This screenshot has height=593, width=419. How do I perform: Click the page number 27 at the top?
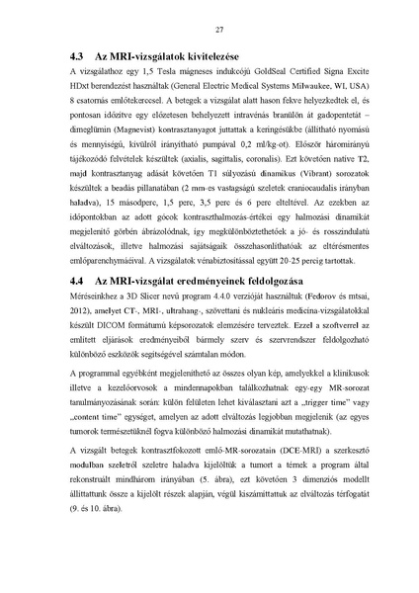click(x=209, y=31)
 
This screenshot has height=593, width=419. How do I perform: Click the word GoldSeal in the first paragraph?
click(x=230, y=74)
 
